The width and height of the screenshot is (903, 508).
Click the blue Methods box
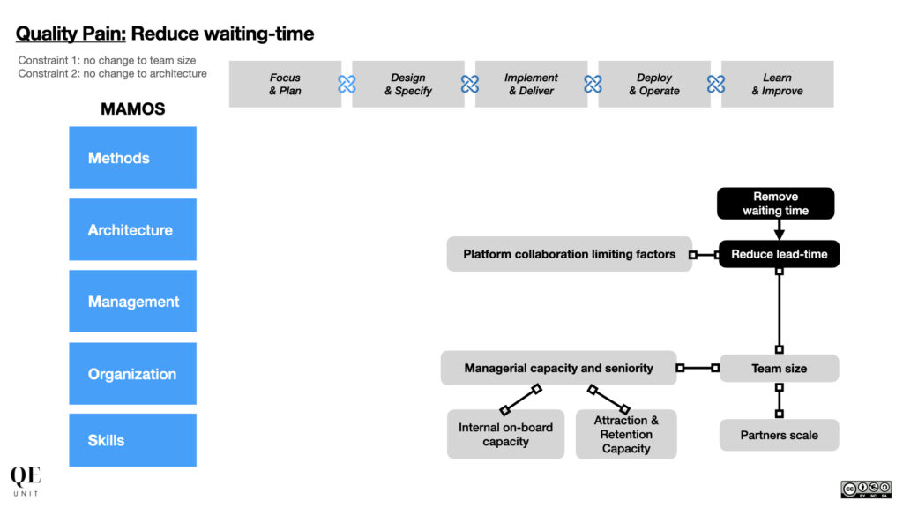click(132, 157)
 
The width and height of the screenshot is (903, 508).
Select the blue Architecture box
click(132, 229)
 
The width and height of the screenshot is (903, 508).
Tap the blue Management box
click(132, 302)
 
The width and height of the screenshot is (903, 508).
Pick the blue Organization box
click(132, 374)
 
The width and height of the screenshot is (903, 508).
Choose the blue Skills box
click(132, 440)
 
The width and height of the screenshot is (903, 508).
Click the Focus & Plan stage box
click(285, 84)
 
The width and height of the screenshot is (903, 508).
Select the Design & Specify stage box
click(408, 84)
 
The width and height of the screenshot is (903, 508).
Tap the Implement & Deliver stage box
click(531, 84)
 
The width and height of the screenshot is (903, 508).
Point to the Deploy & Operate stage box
click(654, 84)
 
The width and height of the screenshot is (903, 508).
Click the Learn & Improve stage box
click(778, 84)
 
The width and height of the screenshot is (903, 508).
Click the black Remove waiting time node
click(776, 204)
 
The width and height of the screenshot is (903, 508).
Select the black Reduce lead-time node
click(780, 254)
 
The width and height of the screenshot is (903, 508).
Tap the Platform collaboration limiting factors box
click(570, 254)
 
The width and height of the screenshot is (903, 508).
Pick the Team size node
click(780, 368)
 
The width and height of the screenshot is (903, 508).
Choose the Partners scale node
click(780, 435)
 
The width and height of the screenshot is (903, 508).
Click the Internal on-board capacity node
click(505, 434)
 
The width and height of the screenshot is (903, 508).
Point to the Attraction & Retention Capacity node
click(626, 434)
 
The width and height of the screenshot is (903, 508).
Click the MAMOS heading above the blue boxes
click(133, 108)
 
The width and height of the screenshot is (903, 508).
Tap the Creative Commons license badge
click(866, 489)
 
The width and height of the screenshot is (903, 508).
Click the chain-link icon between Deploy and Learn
click(716, 84)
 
